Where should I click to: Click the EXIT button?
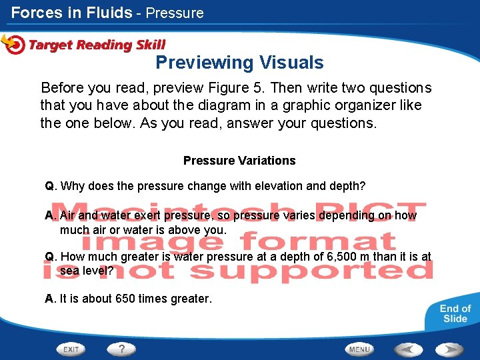pyautogui.click(x=72, y=349)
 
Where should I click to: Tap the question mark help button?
pyautogui.click(x=121, y=349)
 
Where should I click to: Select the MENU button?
pyautogui.click(x=359, y=349)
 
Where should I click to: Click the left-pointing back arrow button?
pyautogui.click(x=407, y=349)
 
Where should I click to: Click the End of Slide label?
pyautogui.click(x=455, y=313)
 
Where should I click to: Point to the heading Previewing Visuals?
pyautogui.click(x=239, y=63)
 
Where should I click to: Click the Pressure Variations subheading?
pyautogui.click(x=239, y=161)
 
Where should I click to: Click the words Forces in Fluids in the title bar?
pyautogui.click(x=71, y=13)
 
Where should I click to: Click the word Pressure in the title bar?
pyautogui.click(x=175, y=13)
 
